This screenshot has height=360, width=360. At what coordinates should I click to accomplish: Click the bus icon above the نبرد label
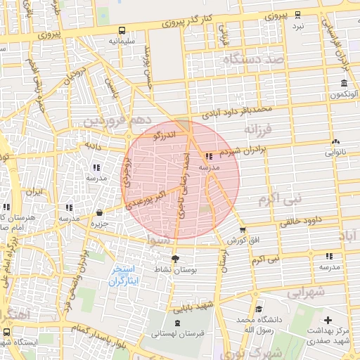click(298, 15)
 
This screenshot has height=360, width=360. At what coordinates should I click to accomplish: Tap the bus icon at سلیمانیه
click(122, 31)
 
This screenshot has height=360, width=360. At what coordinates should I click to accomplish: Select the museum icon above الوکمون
click(344, 83)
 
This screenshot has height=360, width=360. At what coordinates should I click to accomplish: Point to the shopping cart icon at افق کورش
click(243, 229)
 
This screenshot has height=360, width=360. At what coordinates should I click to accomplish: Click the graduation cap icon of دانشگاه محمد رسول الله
click(259, 309)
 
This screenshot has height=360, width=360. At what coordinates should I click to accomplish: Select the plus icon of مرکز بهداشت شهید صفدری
click(328, 320)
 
